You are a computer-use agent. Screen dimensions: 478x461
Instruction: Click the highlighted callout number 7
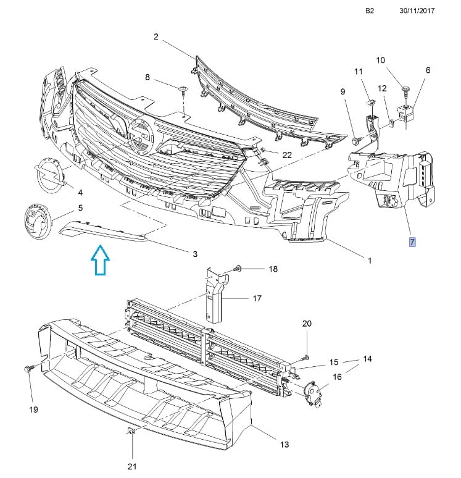[x=412, y=241]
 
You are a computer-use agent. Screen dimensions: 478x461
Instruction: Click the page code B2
[x=370, y=11]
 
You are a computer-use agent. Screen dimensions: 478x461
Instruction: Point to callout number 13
[x=284, y=444]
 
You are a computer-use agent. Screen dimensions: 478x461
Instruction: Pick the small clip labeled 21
[x=131, y=430]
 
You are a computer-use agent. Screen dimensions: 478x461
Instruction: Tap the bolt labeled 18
[x=238, y=269]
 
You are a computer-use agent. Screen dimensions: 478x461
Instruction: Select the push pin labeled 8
[x=183, y=91]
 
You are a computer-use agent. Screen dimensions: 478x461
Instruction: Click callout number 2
[x=156, y=37]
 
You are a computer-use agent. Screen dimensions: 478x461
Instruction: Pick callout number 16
[x=336, y=377]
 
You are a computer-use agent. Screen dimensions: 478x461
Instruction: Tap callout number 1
[x=369, y=260]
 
